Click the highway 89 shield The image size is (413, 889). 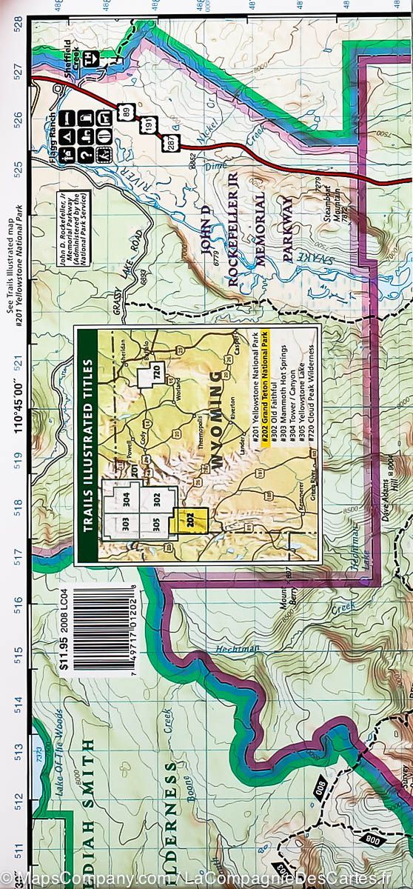pos(127,112)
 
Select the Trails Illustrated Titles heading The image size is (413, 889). pos(88,444)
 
